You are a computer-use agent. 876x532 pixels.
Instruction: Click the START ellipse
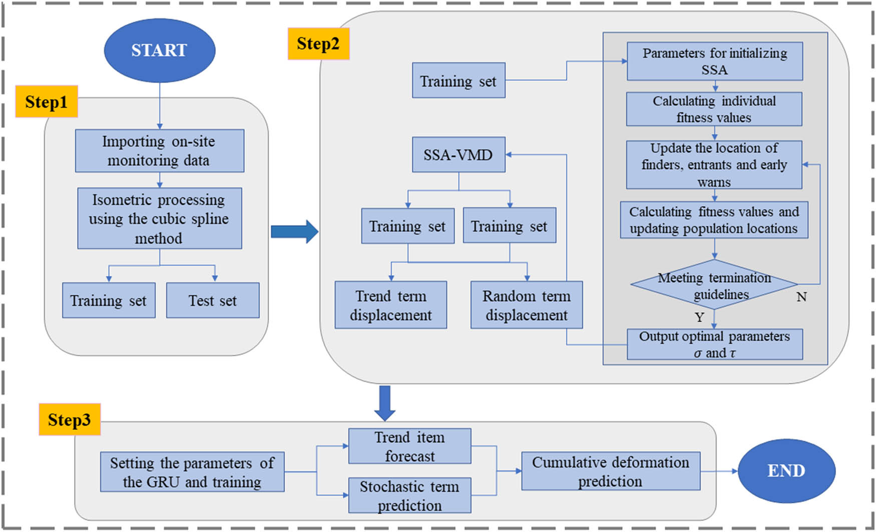click(x=159, y=51)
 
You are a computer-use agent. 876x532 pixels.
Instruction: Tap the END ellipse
click(x=786, y=471)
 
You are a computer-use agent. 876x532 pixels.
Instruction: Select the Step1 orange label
click(x=46, y=102)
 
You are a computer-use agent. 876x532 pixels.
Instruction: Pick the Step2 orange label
click(x=318, y=44)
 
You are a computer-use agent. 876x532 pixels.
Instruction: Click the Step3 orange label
click(x=70, y=419)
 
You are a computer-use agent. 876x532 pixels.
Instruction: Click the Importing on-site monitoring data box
click(x=159, y=151)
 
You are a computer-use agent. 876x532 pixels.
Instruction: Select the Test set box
click(x=213, y=300)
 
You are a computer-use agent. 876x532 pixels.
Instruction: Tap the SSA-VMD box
click(x=458, y=155)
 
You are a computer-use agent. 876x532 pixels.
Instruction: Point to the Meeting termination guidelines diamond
click(x=714, y=285)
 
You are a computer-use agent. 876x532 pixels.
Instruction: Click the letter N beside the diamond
click(x=801, y=297)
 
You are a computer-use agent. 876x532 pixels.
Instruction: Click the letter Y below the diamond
click(x=699, y=317)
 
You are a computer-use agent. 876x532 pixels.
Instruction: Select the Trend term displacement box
click(x=390, y=305)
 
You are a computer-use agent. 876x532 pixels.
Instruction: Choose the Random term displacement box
click(x=526, y=305)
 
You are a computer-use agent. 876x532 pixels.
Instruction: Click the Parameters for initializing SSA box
click(x=714, y=61)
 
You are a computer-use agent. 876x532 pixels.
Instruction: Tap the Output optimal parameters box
click(x=714, y=344)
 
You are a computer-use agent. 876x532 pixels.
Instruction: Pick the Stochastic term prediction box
click(x=409, y=495)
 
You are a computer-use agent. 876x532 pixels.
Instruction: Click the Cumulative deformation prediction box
click(x=610, y=471)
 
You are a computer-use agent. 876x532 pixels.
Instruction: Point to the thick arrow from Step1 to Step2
click(x=294, y=231)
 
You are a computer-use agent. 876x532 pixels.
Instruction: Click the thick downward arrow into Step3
click(x=384, y=402)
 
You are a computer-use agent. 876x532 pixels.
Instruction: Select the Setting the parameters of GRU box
click(x=192, y=472)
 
